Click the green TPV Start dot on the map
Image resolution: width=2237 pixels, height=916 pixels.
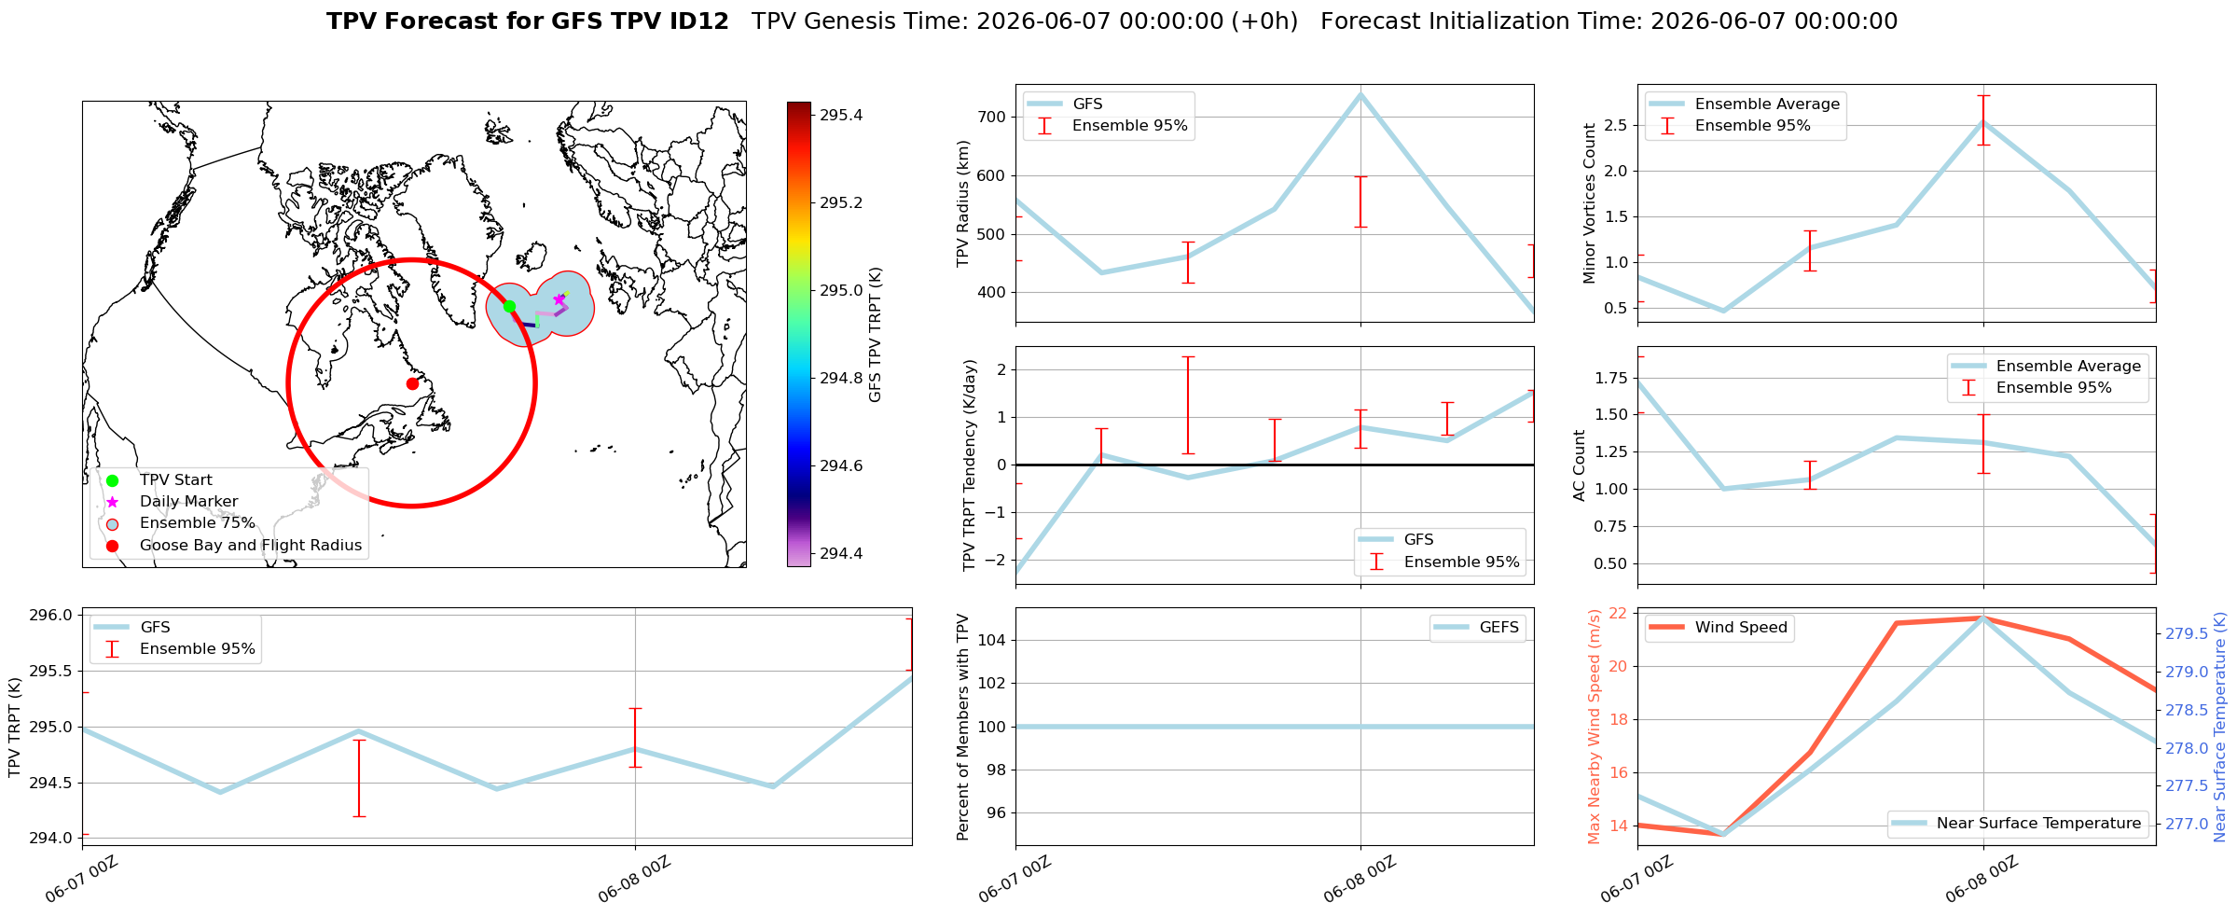point(509,306)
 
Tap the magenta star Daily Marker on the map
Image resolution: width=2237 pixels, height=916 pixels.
point(559,299)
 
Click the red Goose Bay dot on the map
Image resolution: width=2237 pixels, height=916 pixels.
point(412,383)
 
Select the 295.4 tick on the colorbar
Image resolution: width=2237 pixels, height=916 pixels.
point(841,116)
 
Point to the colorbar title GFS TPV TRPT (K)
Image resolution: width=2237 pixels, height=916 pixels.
point(875,335)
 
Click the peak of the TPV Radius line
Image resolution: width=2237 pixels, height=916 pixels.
point(1360,93)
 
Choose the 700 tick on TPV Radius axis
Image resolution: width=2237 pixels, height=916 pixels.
point(993,117)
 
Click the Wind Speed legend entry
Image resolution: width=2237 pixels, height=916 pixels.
point(1719,628)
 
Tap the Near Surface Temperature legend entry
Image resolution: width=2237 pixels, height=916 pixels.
point(2018,823)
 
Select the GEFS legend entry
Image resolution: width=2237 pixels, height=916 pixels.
point(1478,628)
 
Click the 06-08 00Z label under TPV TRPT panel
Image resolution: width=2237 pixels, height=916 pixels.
point(635,878)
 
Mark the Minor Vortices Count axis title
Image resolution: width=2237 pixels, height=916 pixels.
point(1590,203)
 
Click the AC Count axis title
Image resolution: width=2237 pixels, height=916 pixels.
point(1579,465)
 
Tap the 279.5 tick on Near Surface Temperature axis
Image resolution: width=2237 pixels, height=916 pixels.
point(2186,633)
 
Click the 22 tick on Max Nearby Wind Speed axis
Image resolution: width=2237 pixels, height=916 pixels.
point(1619,613)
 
